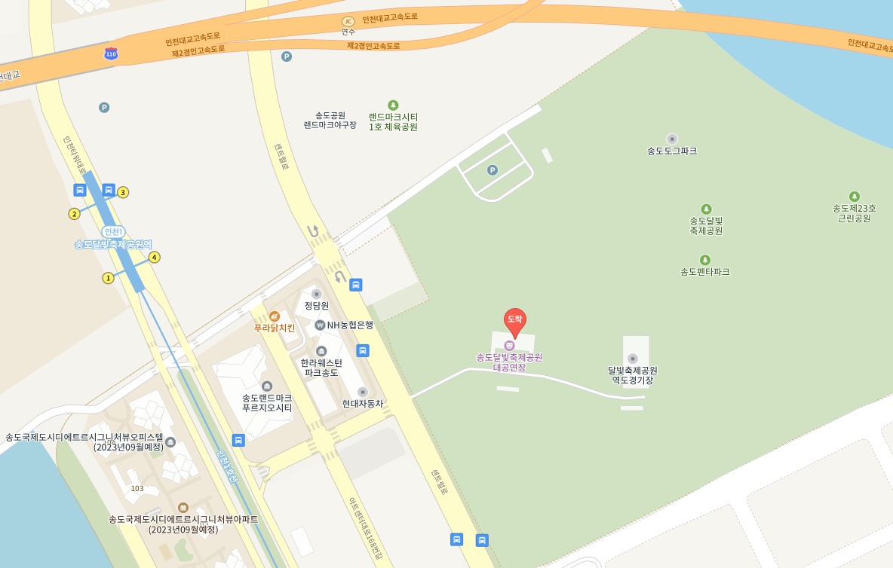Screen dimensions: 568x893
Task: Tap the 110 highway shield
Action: (112, 53)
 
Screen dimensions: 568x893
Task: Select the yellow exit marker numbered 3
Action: (123, 192)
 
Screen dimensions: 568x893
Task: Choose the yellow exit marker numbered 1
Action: (108, 278)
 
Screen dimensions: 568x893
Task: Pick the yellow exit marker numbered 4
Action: (155, 257)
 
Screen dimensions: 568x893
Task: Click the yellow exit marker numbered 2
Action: (74, 214)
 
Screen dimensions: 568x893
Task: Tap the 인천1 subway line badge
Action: (113, 231)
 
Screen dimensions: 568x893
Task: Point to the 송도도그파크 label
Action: (672, 151)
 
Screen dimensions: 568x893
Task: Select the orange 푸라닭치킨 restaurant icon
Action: (275, 316)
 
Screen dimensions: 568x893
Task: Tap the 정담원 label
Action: (317, 306)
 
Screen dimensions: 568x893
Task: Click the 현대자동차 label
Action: (362, 403)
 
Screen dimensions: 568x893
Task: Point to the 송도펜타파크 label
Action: (704, 271)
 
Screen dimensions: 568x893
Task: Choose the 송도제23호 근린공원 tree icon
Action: (855, 197)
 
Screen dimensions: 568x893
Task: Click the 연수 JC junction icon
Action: (348, 22)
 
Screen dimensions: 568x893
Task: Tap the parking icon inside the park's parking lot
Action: (493, 170)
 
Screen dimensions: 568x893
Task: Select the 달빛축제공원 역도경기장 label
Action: (632, 375)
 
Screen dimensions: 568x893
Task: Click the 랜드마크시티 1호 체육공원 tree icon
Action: (393, 105)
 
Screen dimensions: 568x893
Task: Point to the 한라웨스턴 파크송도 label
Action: (321, 368)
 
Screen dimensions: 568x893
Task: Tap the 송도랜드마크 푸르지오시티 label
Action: (267, 402)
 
